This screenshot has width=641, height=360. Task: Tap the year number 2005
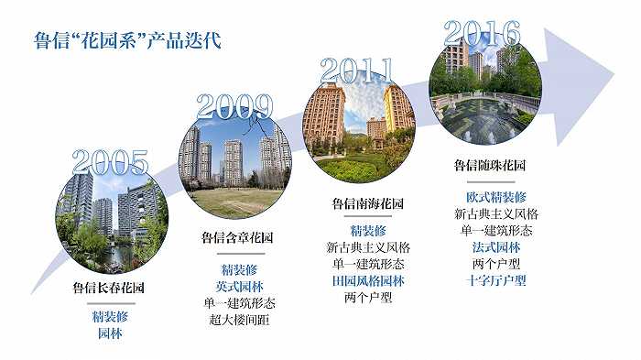[110, 162]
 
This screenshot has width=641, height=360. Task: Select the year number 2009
[234, 107]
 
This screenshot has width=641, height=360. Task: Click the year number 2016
[488, 34]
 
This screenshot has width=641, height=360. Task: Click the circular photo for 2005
[110, 223]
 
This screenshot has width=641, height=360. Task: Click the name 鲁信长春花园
[109, 288]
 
